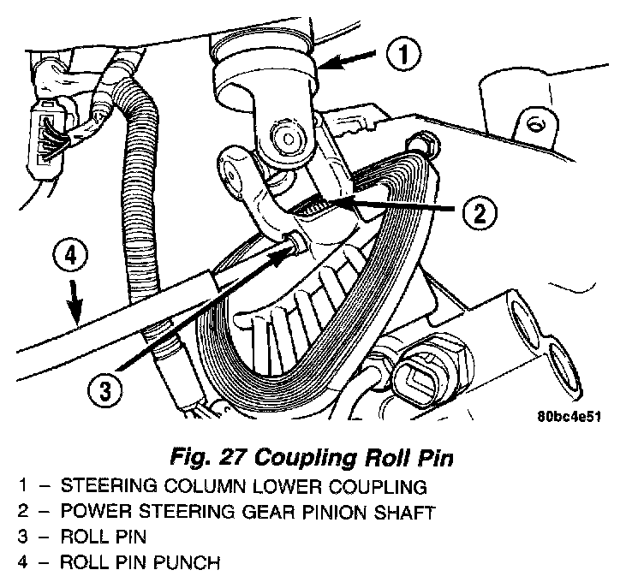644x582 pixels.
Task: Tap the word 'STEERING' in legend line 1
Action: [x=104, y=487]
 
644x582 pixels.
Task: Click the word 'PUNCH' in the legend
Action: [x=193, y=564]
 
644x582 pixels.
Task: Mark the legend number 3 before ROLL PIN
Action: [x=23, y=538]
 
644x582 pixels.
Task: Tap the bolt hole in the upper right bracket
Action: [x=535, y=123]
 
